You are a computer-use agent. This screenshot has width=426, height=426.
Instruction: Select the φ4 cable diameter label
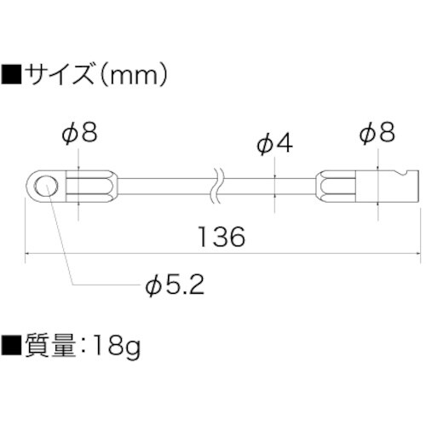point(274,145)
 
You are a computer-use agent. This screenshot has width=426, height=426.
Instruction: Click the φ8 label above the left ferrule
point(79,134)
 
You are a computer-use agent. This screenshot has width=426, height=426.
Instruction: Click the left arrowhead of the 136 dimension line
point(31,253)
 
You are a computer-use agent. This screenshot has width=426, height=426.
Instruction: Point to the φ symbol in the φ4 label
point(263,145)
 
